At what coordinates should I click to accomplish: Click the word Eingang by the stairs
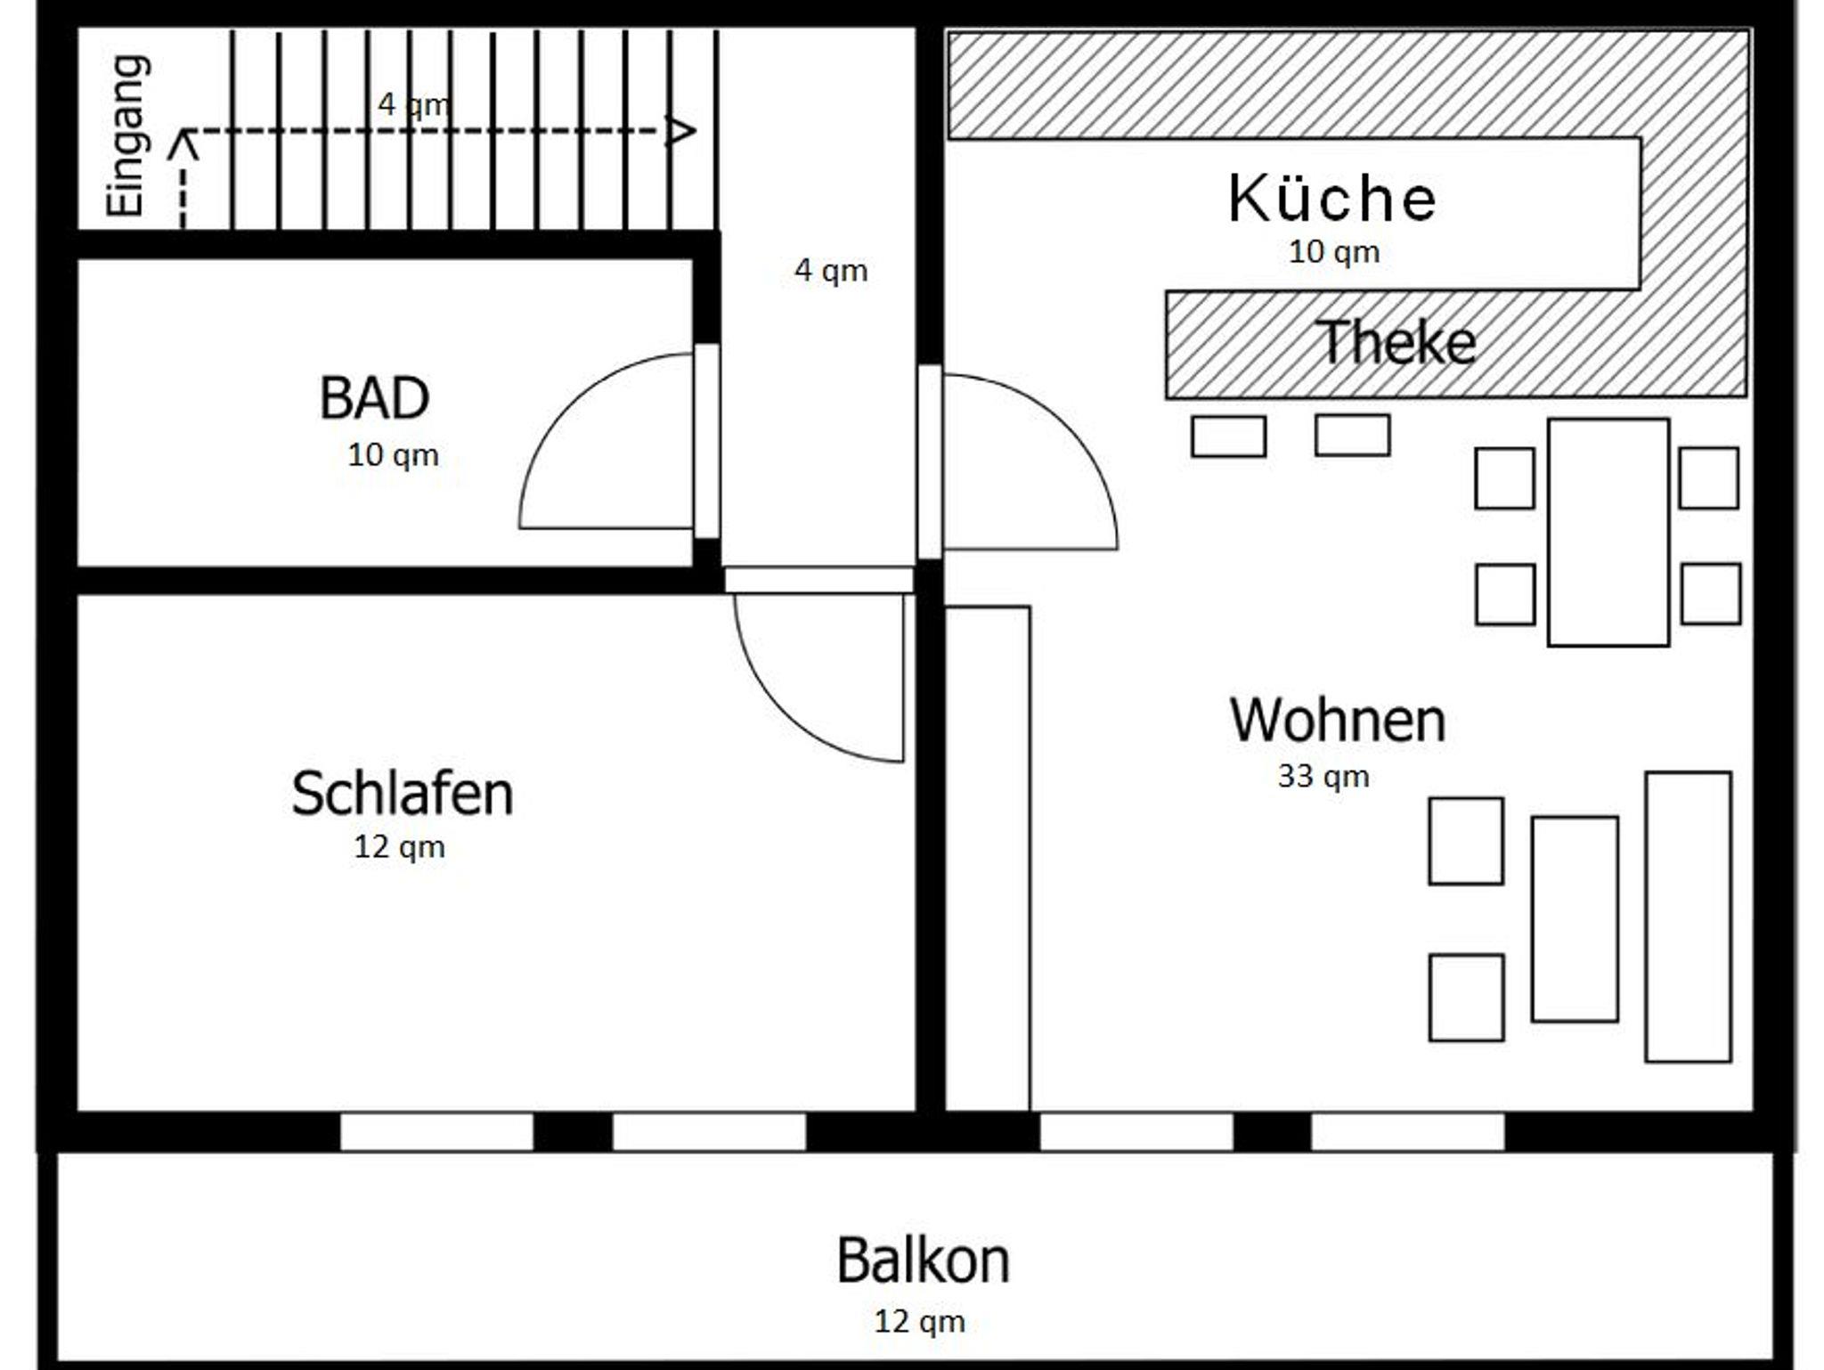[126, 136]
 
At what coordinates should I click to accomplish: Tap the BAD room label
[374, 398]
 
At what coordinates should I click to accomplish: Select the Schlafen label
[403, 793]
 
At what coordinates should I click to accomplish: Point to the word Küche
[1331, 197]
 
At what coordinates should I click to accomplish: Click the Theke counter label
[1396, 342]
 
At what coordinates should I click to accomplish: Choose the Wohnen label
[1338, 720]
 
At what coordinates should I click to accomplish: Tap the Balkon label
[923, 1260]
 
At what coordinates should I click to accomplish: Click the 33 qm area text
[1323, 777]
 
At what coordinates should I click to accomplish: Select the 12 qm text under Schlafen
[399, 847]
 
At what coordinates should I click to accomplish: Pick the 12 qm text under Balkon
[919, 1322]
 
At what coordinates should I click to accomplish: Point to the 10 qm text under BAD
[393, 455]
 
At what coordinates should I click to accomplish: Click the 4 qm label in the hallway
[831, 271]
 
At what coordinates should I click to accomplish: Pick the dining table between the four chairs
[1608, 533]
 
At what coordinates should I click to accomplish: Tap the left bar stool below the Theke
[1228, 436]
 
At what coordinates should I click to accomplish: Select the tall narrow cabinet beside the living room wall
[988, 860]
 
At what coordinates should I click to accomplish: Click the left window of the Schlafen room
[437, 1132]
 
